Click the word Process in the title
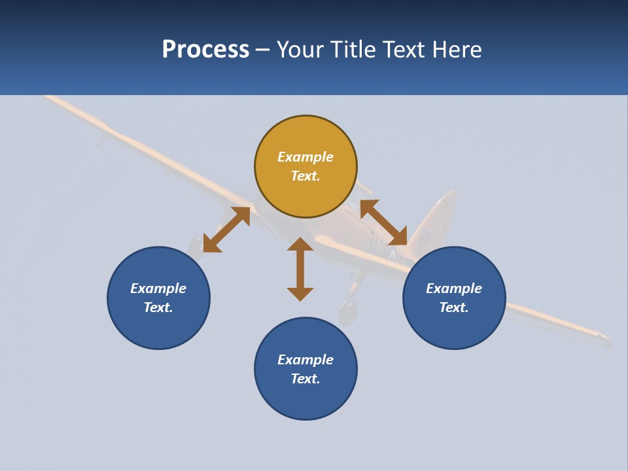pyautogui.click(x=205, y=50)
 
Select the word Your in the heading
pyautogui.click(x=300, y=50)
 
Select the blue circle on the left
pyautogui.click(x=158, y=327)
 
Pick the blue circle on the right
pyautogui.click(x=454, y=327)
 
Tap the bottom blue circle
pyautogui.click(x=305, y=399)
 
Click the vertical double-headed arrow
pyautogui.click(x=300, y=269)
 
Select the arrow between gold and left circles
pyautogui.click(x=226, y=229)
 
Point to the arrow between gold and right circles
pyautogui.click(x=383, y=222)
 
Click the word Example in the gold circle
pyautogui.click(x=305, y=157)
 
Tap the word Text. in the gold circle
pyautogui.click(x=305, y=176)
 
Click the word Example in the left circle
pyautogui.click(x=158, y=288)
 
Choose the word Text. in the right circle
pyautogui.click(x=454, y=307)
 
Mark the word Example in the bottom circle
pyautogui.click(x=305, y=360)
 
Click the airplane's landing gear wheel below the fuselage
pyautogui.click(x=348, y=312)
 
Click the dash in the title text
pyautogui.click(x=263, y=50)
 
